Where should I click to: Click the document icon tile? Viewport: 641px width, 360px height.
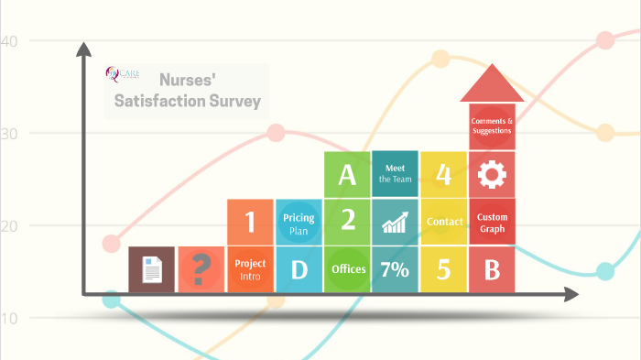152,269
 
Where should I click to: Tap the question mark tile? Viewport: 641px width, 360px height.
201,269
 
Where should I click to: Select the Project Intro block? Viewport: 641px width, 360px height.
250,269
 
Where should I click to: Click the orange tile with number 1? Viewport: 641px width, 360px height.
250,222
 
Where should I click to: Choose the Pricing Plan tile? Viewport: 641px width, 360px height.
299,222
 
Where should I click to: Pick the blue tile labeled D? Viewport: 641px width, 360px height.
299,269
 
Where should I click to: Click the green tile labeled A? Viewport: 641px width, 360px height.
347,174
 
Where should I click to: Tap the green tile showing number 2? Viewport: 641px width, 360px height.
347,222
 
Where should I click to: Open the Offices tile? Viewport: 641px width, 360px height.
347,269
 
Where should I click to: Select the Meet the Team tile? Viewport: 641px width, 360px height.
395,174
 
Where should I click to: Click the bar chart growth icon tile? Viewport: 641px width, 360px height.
395,222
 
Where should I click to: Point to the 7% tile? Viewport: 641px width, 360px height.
395,269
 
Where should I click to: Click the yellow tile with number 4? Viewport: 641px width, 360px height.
443,174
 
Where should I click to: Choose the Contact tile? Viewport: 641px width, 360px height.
443,222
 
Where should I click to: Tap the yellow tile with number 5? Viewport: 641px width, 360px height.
443,269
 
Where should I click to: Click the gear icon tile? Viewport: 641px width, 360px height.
492,174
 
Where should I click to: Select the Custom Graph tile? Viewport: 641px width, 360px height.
492,222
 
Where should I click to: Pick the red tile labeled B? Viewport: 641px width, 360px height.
492,269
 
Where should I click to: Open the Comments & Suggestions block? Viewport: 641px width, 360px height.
492,125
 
